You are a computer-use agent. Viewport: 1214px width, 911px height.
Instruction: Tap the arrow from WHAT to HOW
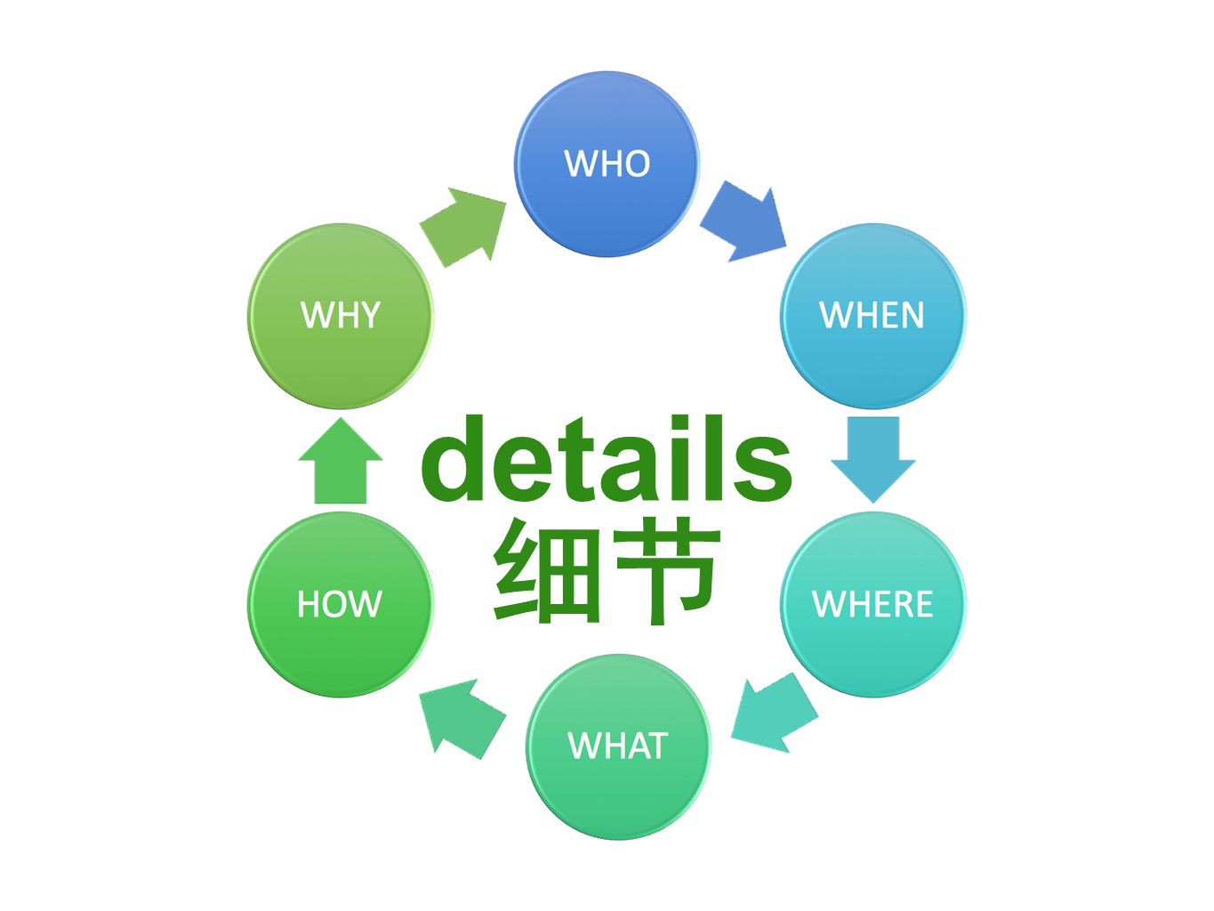pyautogui.click(x=462, y=717)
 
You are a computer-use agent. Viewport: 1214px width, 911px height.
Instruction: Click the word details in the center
pyautogui.click(x=606, y=460)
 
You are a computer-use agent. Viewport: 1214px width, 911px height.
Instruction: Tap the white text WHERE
pyautogui.click(x=872, y=605)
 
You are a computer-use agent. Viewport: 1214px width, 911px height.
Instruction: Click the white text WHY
pyautogui.click(x=341, y=316)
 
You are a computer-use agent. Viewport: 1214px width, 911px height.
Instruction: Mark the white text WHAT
pyautogui.click(x=618, y=746)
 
